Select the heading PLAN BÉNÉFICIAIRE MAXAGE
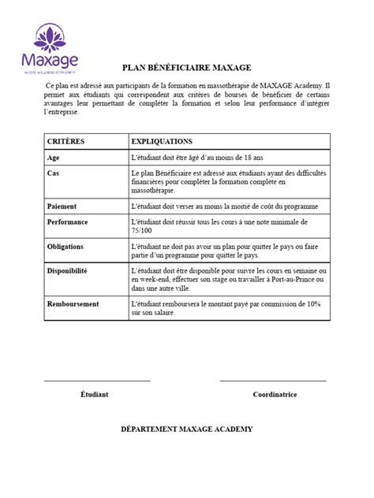186,69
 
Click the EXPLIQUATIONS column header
163,142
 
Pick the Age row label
54,158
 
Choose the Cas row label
54,173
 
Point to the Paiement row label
63,206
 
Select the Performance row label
68,221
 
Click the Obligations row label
66,247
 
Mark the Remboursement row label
72,303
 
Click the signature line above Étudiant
95,381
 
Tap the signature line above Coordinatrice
273,381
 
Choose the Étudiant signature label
95,393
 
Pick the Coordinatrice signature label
273,393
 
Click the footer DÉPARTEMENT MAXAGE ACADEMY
186,429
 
